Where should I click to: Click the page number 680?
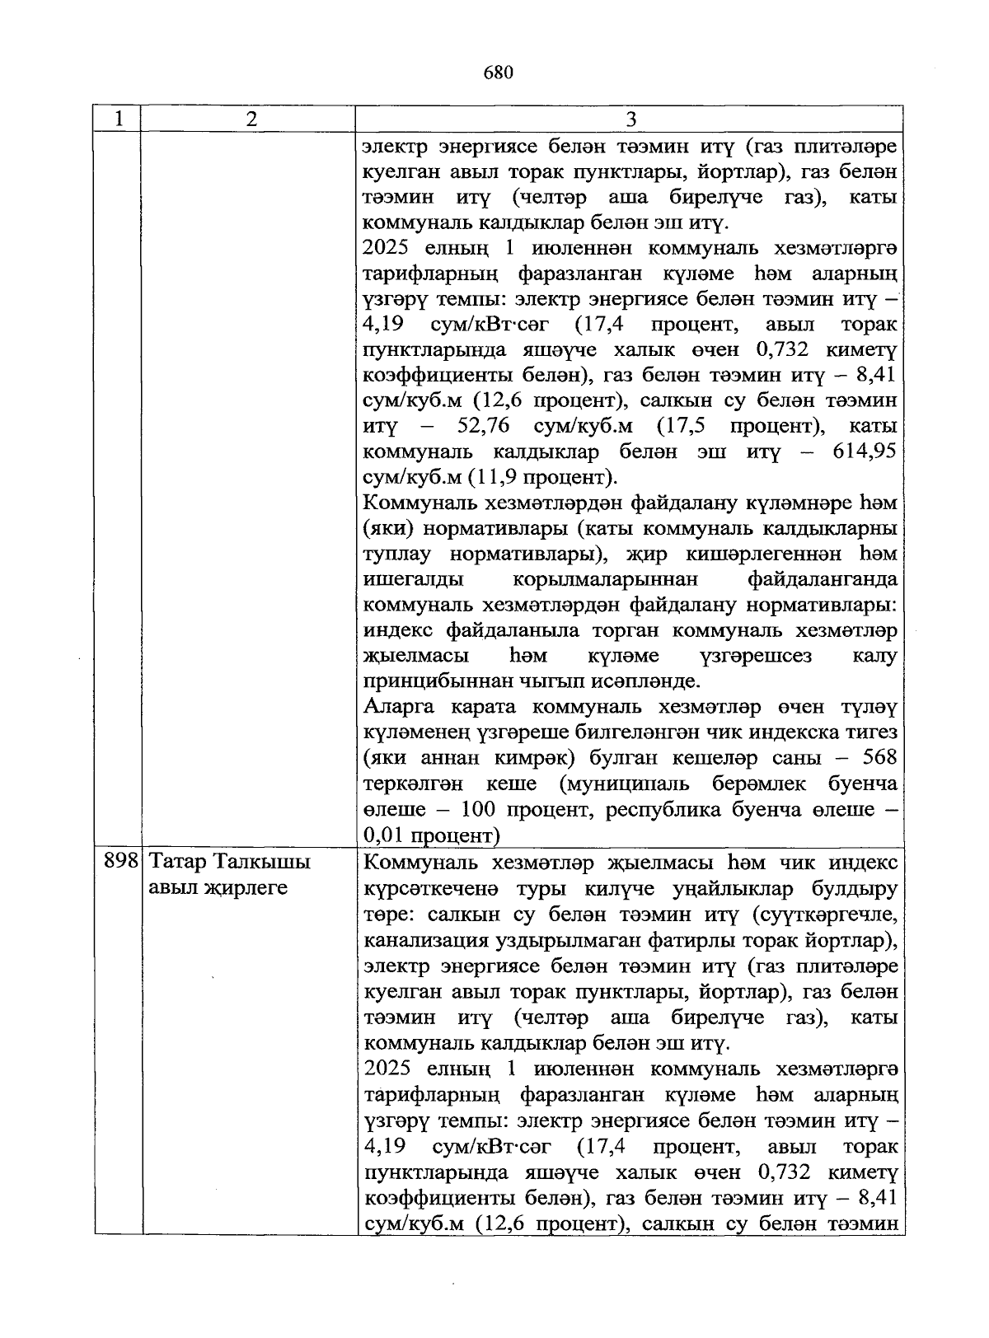click(499, 73)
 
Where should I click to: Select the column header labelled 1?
click(119, 119)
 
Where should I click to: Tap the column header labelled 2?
click(251, 119)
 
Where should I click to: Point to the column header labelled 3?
click(630, 119)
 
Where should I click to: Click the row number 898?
click(120, 863)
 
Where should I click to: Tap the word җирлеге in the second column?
click(247, 888)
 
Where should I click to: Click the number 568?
click(878, 758)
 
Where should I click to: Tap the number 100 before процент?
click(478, 809)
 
